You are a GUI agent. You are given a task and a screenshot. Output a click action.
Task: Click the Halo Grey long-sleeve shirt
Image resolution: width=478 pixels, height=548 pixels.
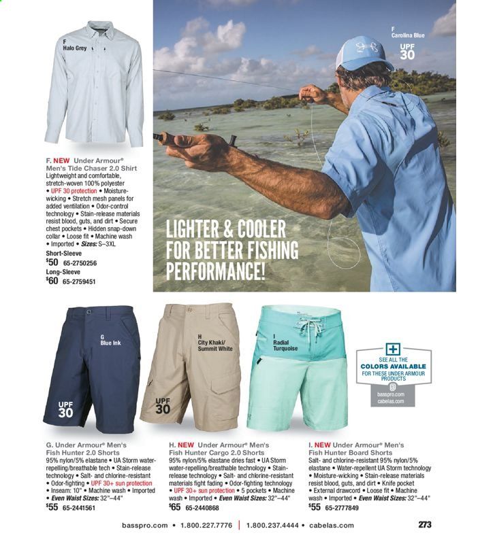tap(95, 88)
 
